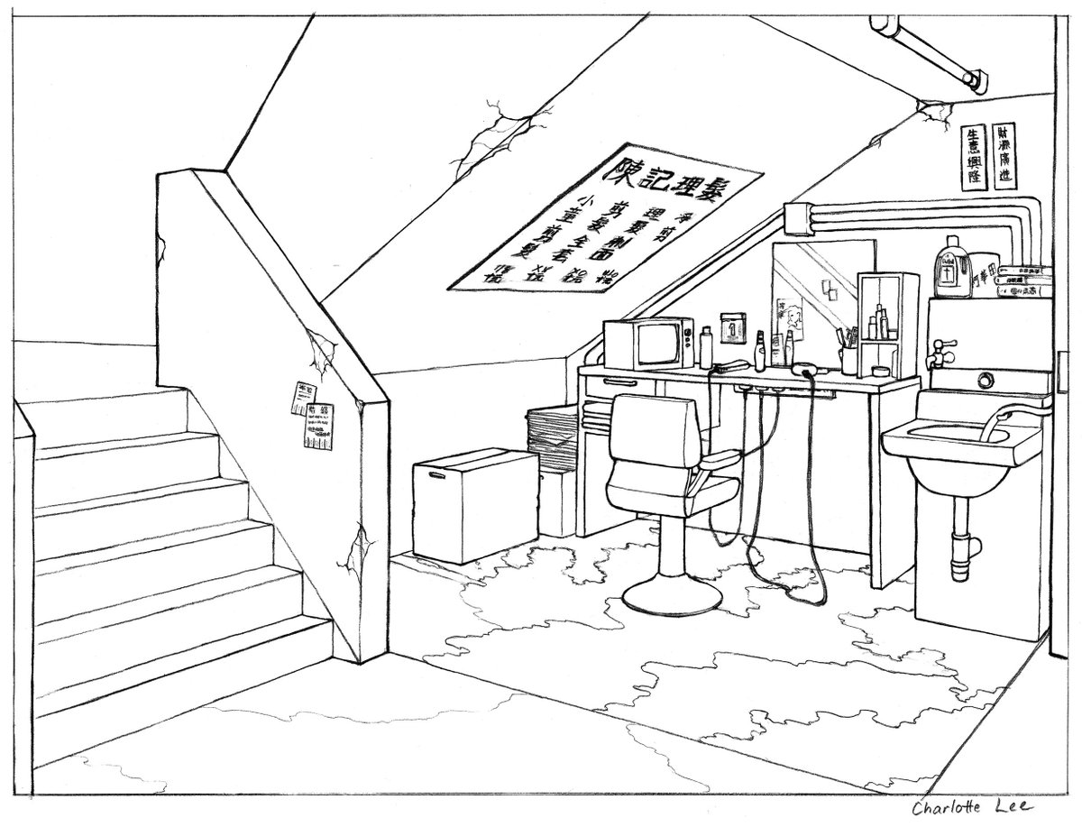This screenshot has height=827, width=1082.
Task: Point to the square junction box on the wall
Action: (x=799, y=217)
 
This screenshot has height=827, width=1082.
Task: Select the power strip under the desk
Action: (x=775, y=389)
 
